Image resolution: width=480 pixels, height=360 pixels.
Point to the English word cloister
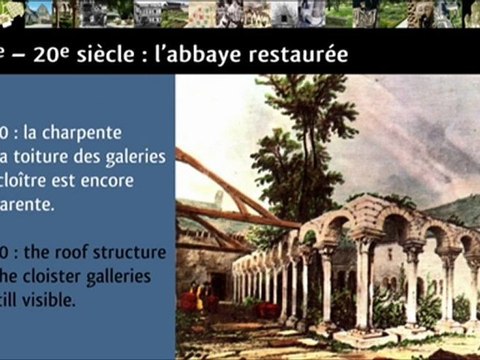[x=59, y=276]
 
